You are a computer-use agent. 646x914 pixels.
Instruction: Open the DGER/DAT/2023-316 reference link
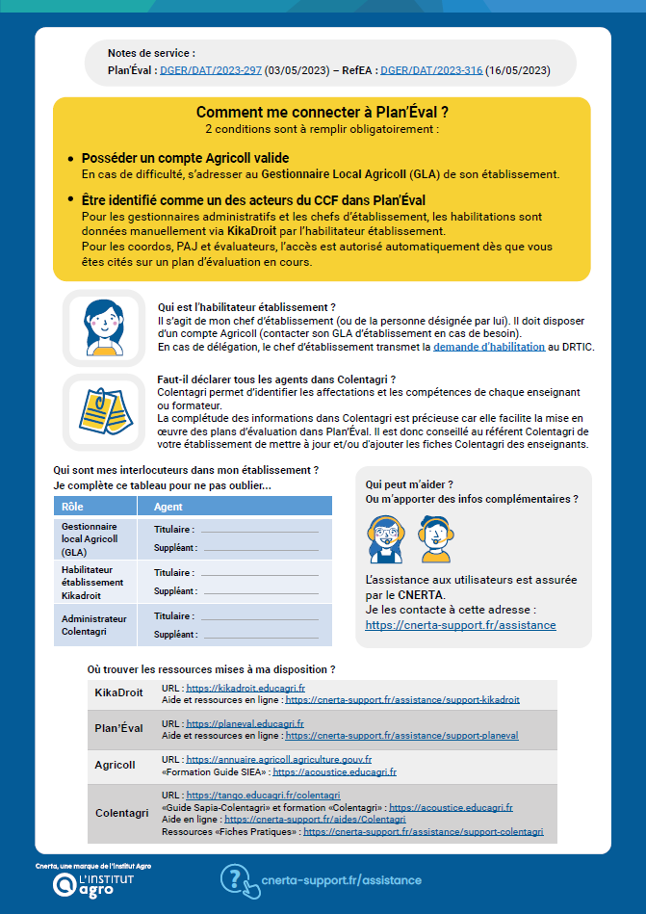click(x=430, y=70)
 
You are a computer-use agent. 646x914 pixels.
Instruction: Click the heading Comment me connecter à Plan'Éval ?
click(x=323, y=113)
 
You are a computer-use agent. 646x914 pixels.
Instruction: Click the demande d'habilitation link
click(x=488, y=346)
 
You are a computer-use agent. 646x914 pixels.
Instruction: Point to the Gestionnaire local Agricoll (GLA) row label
click(x=90, y=539)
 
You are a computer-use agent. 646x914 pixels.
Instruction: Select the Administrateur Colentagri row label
click(x=93, y=625)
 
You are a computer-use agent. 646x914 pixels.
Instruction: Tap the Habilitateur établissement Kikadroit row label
click(x=92, y=582)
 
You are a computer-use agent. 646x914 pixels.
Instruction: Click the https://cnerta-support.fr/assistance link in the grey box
click(x=460, y=625)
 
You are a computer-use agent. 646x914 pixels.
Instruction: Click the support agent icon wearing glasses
click(x=385, y=538)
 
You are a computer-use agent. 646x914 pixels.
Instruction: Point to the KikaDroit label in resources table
click(x=118, y=692)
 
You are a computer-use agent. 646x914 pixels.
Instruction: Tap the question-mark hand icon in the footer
click(x=239, y=879)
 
